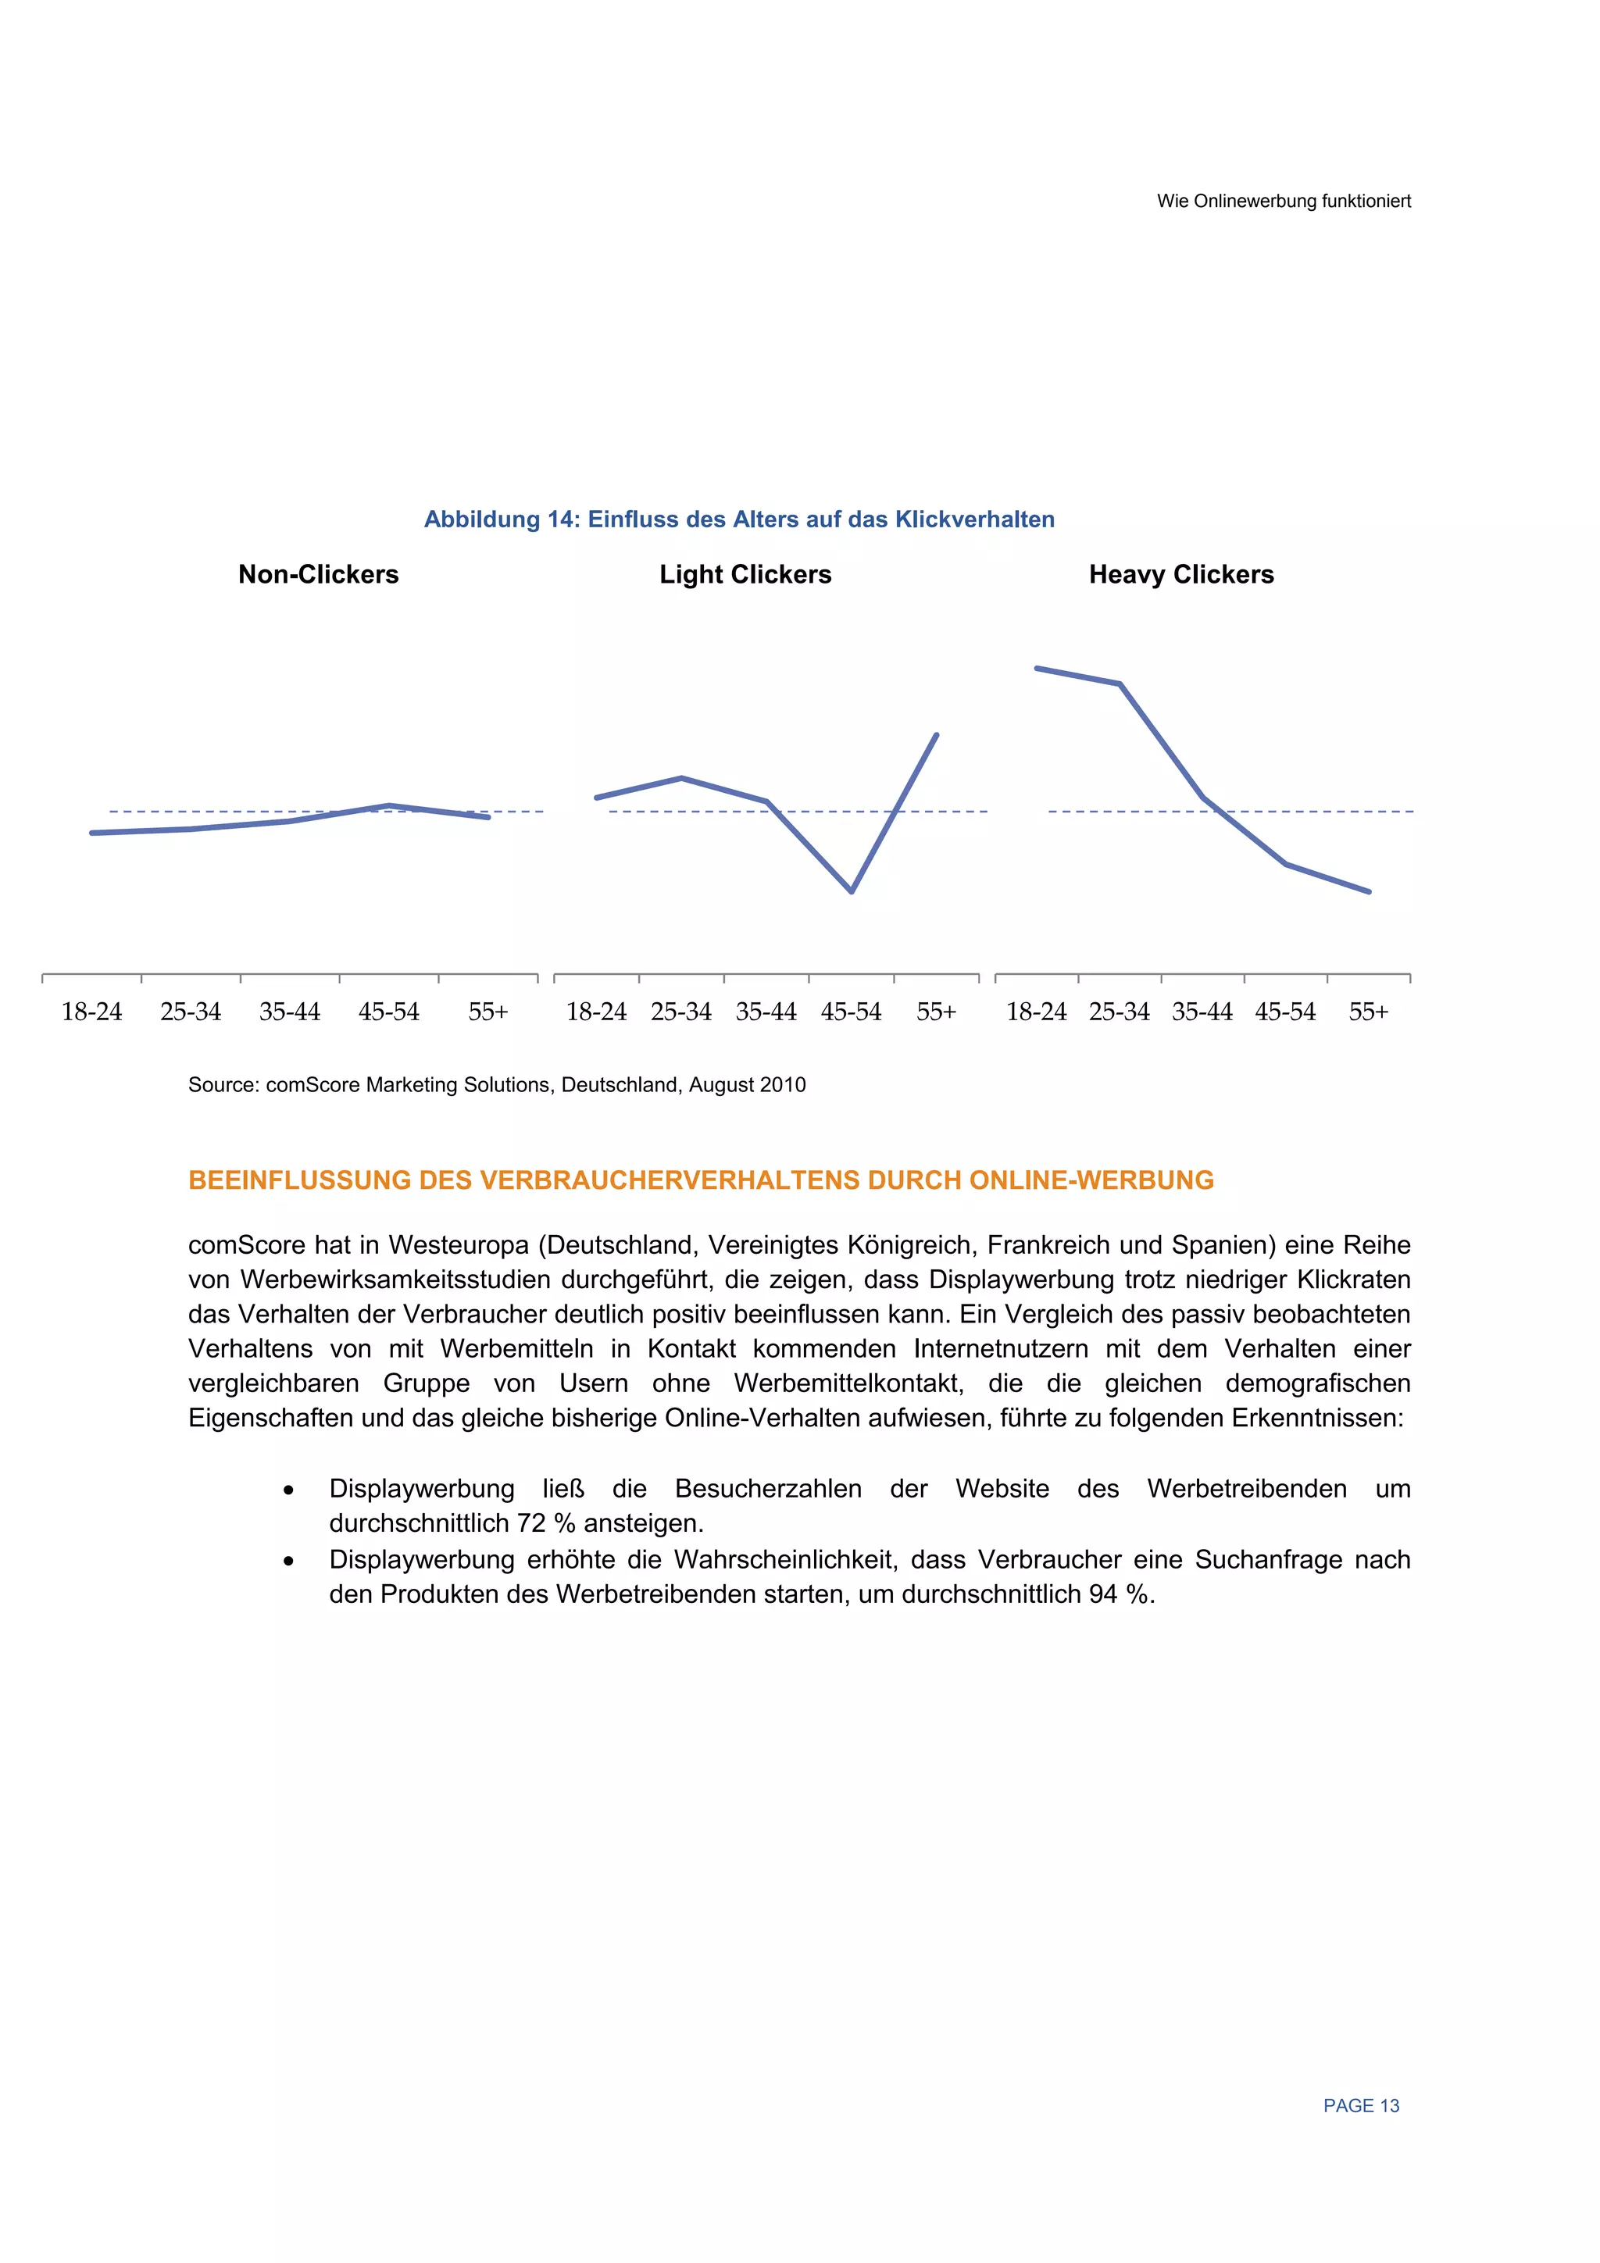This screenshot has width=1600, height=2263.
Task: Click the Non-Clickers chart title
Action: pyautogui.click(x=319, y=575)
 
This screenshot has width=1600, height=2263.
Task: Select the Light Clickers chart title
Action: pyautogui.click(x=745, y=575)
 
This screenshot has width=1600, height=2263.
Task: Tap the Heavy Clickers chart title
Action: pyautogui.click(x=1181, y=575)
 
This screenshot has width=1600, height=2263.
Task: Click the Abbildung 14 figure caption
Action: pyautogui.click(x=739, y=519)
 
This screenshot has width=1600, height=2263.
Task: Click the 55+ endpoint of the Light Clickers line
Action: pyautogui.click(x=937, y=735)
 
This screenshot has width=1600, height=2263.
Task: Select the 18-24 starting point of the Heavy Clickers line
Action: pyautogui.click(x=1036, y=668)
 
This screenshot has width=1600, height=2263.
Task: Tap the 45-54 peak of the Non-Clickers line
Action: pyautogui.click(x=389, y=805)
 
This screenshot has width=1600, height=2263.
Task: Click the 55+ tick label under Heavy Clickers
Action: pyautogui.click(x=1368, y=1012)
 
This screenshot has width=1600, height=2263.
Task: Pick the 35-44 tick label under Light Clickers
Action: pyautogui.click(x=766, y=1012)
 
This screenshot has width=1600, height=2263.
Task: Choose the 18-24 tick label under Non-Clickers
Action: pyautogui.click(x=91, y=1012)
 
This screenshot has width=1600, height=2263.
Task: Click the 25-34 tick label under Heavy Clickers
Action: pyautogui.click(x=1119, y=1012)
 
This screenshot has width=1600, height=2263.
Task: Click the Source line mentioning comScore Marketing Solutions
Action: pyautogui.click(x=497, y=1085)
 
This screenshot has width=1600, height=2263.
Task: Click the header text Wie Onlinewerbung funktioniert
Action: pyautogui.click(x=1284, y=201)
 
